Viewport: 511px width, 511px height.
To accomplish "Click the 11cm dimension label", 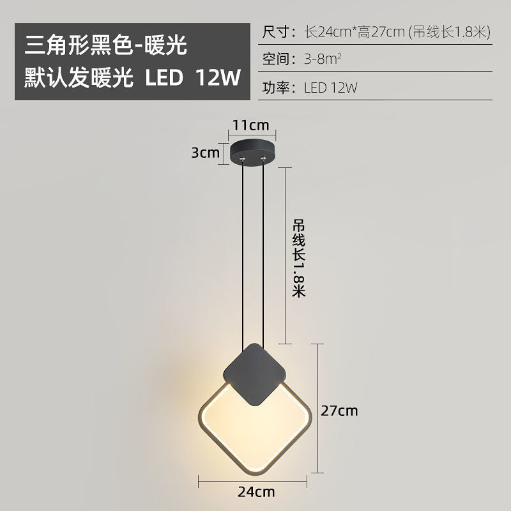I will (x=250, y=125).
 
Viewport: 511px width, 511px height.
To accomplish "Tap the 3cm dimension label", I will (x=205, y=153).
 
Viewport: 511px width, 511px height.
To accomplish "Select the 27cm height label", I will (x=339, y=411).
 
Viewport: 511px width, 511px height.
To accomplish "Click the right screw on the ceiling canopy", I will (x=262, y=157).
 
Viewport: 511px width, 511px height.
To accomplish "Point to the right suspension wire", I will (x=264, y=256).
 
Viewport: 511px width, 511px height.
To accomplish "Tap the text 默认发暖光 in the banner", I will (x=79, y=77).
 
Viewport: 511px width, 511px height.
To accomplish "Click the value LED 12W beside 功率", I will (x=331, y=89).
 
